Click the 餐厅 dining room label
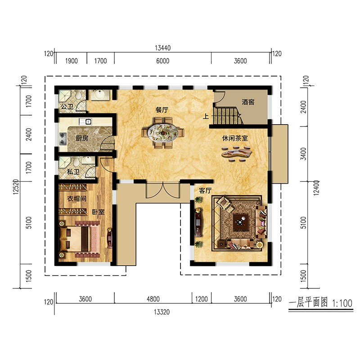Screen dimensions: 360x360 162,110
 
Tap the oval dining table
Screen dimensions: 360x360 163,133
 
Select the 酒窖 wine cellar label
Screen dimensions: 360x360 248,102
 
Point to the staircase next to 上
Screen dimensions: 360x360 227,116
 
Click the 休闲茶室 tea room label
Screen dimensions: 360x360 235,138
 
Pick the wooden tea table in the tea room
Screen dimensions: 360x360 237,153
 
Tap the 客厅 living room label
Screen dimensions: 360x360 205,190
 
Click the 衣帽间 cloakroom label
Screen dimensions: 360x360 76,198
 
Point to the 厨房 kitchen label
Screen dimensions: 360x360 82,138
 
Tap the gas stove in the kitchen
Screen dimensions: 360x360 63,139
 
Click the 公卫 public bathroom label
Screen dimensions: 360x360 67,107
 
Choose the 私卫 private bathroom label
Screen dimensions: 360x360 73,171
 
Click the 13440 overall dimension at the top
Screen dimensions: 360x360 163,48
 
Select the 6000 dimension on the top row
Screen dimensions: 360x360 163,61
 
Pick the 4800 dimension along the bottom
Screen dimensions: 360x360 153,299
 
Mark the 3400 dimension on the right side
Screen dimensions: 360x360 303,153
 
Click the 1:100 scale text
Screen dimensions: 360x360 342,303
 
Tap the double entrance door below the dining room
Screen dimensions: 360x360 163,190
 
